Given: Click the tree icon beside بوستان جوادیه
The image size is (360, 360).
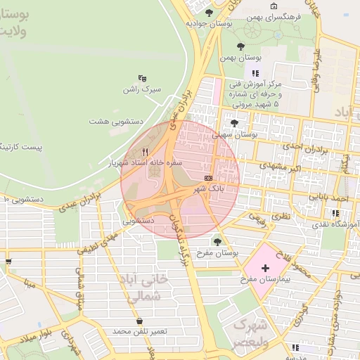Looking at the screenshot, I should (x=208, y=12).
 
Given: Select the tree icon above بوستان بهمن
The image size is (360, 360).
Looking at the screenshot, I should (x=240, y=46).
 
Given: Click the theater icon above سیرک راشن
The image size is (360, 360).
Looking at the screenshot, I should (x=143, y=79).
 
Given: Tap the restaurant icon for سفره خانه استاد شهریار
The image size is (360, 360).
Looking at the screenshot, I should (x=146, y=150).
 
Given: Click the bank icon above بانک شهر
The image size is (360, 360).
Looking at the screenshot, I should (x=208, y=178).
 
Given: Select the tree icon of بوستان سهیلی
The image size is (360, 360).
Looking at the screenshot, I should (x=234, y=122).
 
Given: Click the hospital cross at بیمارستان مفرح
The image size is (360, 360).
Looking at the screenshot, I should (x=265, y=268).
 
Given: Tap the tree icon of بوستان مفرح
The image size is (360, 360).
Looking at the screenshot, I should (x=217, y=240).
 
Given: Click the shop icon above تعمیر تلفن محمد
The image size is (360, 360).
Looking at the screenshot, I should (x=140, y=321).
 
